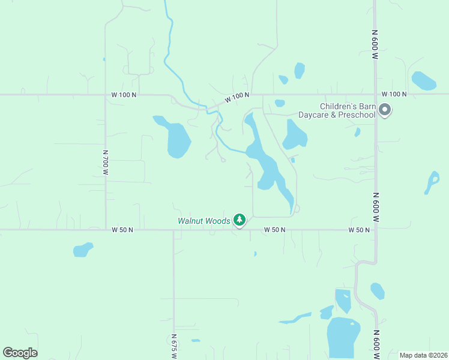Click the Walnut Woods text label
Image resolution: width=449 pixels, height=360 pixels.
203,221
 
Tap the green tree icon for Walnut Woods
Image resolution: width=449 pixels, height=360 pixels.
240,220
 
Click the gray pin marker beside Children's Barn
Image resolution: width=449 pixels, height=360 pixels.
385,110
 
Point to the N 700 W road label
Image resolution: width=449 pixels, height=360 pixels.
105,162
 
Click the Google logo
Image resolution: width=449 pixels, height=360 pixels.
20,353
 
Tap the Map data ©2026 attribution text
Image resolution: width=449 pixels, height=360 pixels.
423,355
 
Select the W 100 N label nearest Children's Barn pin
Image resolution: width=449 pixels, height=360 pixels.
394,94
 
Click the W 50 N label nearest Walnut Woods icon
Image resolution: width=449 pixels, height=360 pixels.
274,230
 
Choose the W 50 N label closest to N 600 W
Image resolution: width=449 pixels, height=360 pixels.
359,230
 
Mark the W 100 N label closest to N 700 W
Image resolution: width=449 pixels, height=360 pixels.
124,95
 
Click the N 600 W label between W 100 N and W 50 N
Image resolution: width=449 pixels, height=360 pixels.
375,207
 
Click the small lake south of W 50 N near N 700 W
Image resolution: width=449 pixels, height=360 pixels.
83,249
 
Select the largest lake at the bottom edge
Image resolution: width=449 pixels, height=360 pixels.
343,338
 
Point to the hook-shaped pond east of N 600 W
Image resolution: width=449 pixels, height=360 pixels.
432,182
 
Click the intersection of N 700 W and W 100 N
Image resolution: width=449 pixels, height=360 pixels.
106,95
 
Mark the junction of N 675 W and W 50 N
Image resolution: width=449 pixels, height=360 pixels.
173,230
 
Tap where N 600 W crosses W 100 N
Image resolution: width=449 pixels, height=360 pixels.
376,94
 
